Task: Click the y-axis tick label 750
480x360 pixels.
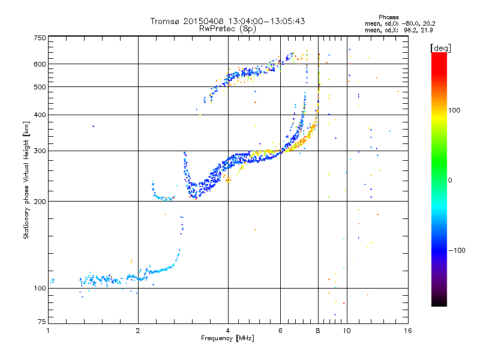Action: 40,38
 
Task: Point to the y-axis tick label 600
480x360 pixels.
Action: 40,64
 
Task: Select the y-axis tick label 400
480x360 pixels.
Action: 40,115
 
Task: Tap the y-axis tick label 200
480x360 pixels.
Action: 40,202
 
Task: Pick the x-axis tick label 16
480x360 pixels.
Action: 407,331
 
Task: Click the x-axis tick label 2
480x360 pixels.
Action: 138,331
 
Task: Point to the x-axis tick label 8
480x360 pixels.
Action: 318,331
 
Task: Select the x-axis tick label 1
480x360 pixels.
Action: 49,331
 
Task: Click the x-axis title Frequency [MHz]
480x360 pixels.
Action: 228,339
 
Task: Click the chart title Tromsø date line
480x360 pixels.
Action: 228,21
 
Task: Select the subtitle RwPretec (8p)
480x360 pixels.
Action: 228,28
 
